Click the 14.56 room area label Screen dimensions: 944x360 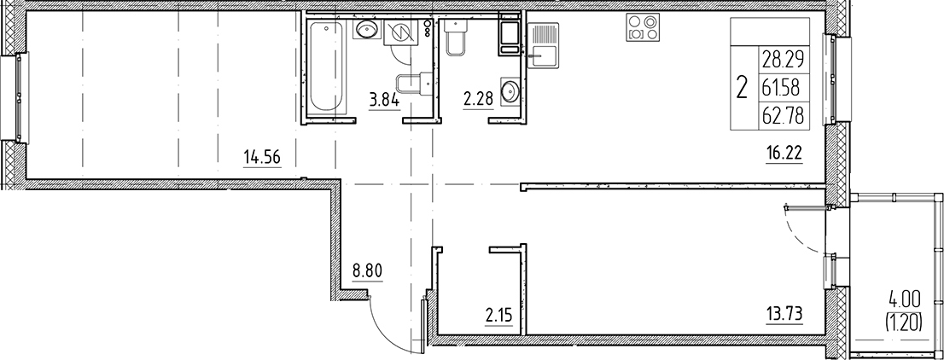262,159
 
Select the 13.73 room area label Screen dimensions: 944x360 783,313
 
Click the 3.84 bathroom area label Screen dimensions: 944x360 383,101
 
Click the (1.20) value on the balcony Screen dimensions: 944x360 904,324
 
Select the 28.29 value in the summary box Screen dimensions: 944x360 784,59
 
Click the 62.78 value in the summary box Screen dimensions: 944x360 784,114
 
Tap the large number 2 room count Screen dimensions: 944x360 743,88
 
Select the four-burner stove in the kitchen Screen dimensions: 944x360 643,27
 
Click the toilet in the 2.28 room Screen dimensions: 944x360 456,37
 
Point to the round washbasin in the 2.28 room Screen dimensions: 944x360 510,92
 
